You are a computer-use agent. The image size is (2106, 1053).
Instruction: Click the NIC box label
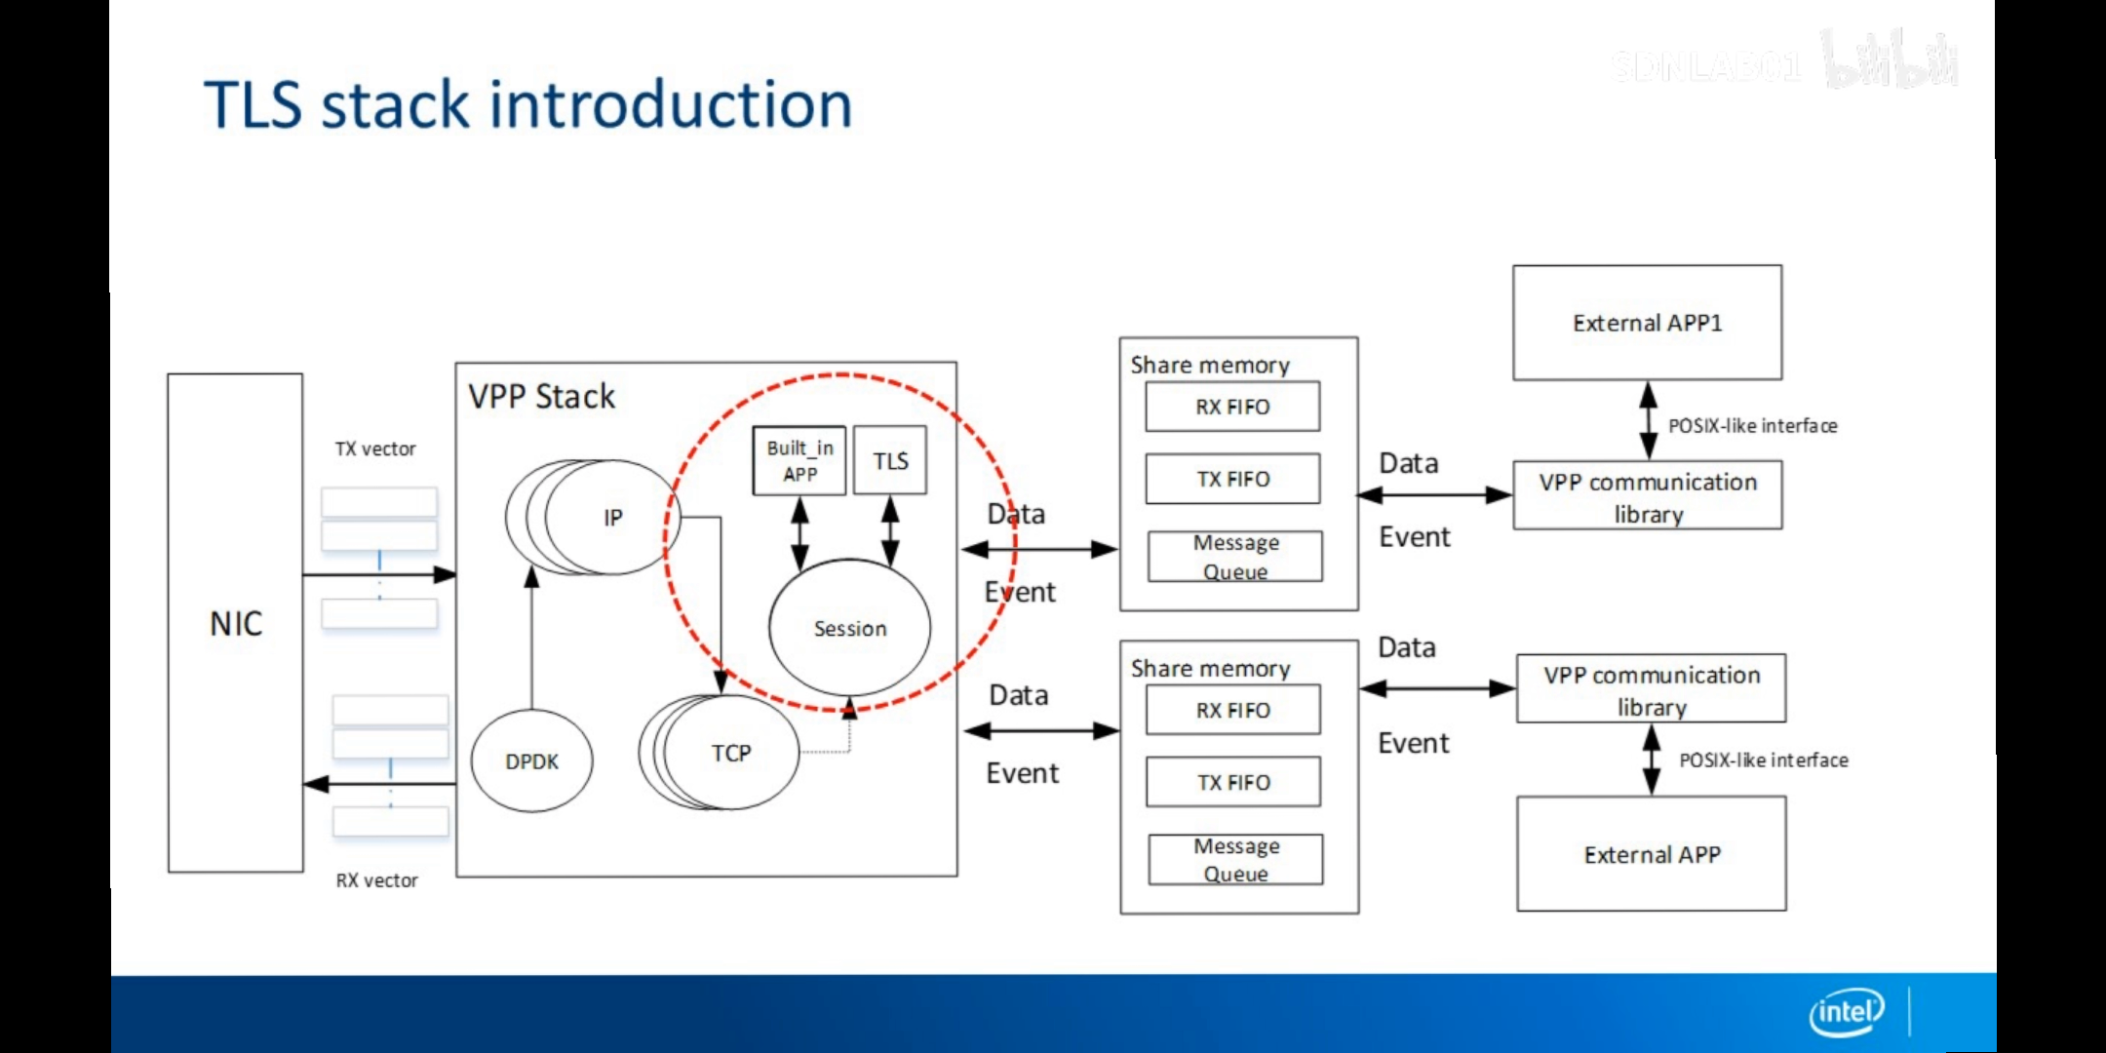[236, 623]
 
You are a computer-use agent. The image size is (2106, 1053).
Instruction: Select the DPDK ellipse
[531, 761]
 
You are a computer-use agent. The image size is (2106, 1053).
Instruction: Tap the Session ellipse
[849, 628]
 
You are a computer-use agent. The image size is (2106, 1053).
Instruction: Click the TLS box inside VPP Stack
[890, 460]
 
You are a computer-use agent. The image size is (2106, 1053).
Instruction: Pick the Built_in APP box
[799, 460]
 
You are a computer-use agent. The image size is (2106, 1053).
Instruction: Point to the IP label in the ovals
[612, 518]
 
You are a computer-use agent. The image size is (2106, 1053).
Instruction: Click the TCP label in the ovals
[731, 753]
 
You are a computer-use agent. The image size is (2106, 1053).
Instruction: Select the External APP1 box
[1647, 323]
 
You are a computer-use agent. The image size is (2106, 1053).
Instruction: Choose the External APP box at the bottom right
[1651, 854]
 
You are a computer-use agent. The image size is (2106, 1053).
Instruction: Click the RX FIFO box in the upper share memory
[1232, 407]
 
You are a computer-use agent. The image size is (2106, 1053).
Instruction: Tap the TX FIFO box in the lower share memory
[1233, 782]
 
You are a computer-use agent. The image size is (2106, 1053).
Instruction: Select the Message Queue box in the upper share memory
[1235, 557]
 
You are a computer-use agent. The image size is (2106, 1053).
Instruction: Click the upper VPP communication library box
[1647, 497]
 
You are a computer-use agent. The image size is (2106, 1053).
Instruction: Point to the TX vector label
[375, 449]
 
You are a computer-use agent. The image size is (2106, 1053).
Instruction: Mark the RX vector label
[376, 880]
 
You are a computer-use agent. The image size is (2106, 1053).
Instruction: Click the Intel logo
[1846, 1012]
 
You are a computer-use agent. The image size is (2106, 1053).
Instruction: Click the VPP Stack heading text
[541, 397]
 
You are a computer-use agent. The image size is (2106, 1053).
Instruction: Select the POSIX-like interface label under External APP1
[1752, 426]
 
